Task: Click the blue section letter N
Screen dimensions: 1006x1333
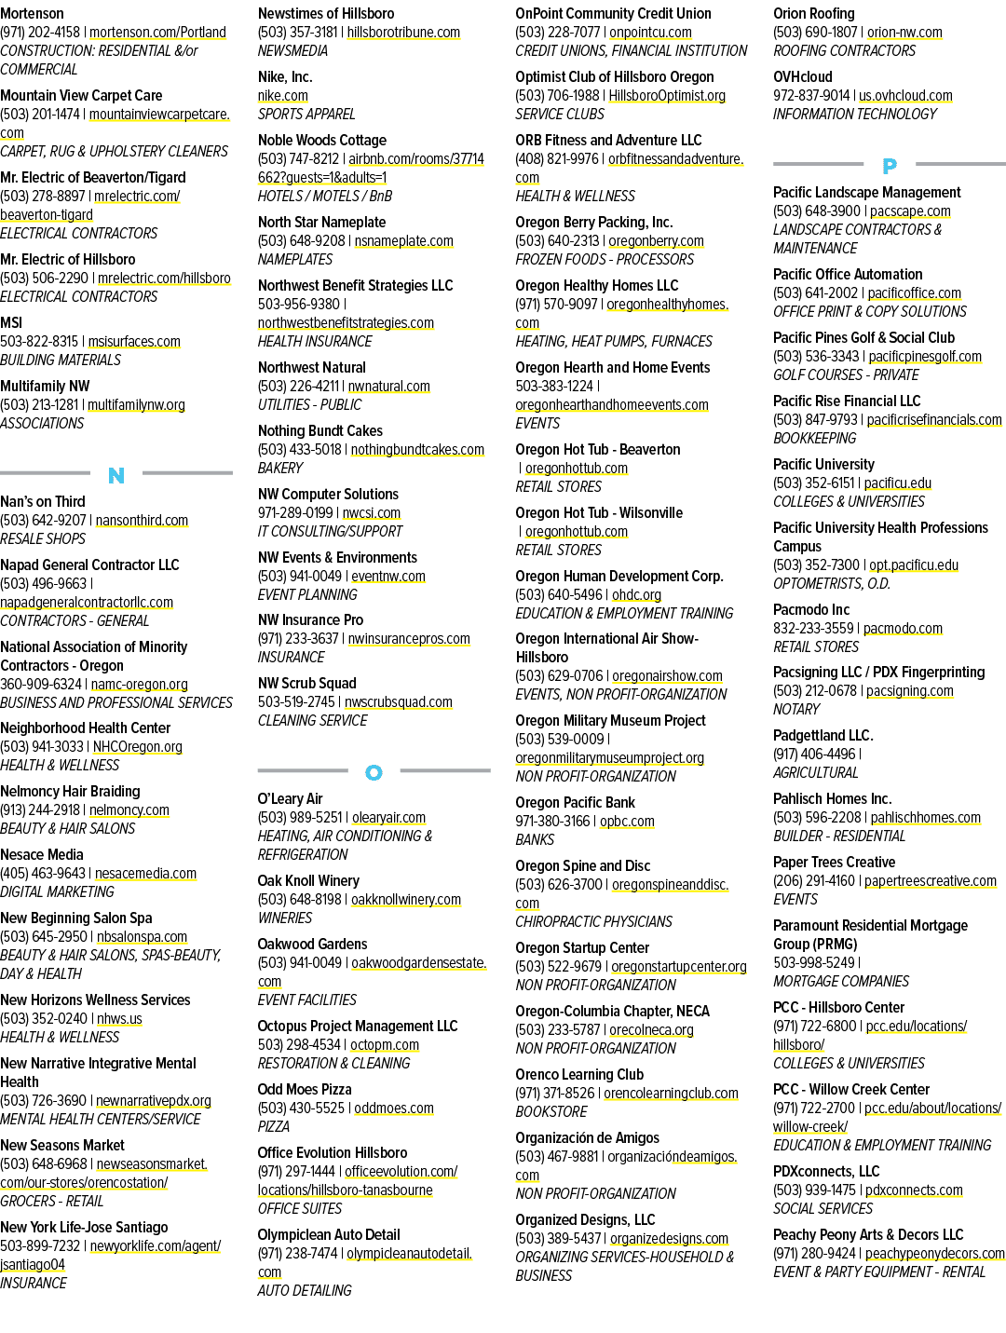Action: point(116,475)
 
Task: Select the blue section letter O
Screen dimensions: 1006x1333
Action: point(374,772)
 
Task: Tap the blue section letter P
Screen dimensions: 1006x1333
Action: point(890,165)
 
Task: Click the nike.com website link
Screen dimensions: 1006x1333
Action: point(283,95)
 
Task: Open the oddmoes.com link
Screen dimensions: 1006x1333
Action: point(394,1108)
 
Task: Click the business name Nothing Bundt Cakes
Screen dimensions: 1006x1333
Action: point(319,430)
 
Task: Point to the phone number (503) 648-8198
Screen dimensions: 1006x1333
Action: point(299,899)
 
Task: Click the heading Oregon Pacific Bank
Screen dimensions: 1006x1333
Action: point(575,802)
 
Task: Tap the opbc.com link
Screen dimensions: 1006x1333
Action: point(627,821)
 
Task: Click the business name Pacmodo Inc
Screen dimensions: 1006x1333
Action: point(811,609)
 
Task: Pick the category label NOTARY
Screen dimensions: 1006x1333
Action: point(795,709)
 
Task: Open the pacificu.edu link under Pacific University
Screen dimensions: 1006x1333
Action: point(897,483)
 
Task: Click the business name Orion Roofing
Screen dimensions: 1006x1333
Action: point(813,13)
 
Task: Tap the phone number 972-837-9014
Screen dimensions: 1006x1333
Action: point(811,95)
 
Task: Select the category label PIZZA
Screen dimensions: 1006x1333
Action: point(273,1126)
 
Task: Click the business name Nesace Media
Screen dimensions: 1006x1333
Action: point(41,854)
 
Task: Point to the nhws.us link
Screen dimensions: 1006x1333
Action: point(119,1018)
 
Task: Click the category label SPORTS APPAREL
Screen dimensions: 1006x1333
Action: point(306,114)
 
